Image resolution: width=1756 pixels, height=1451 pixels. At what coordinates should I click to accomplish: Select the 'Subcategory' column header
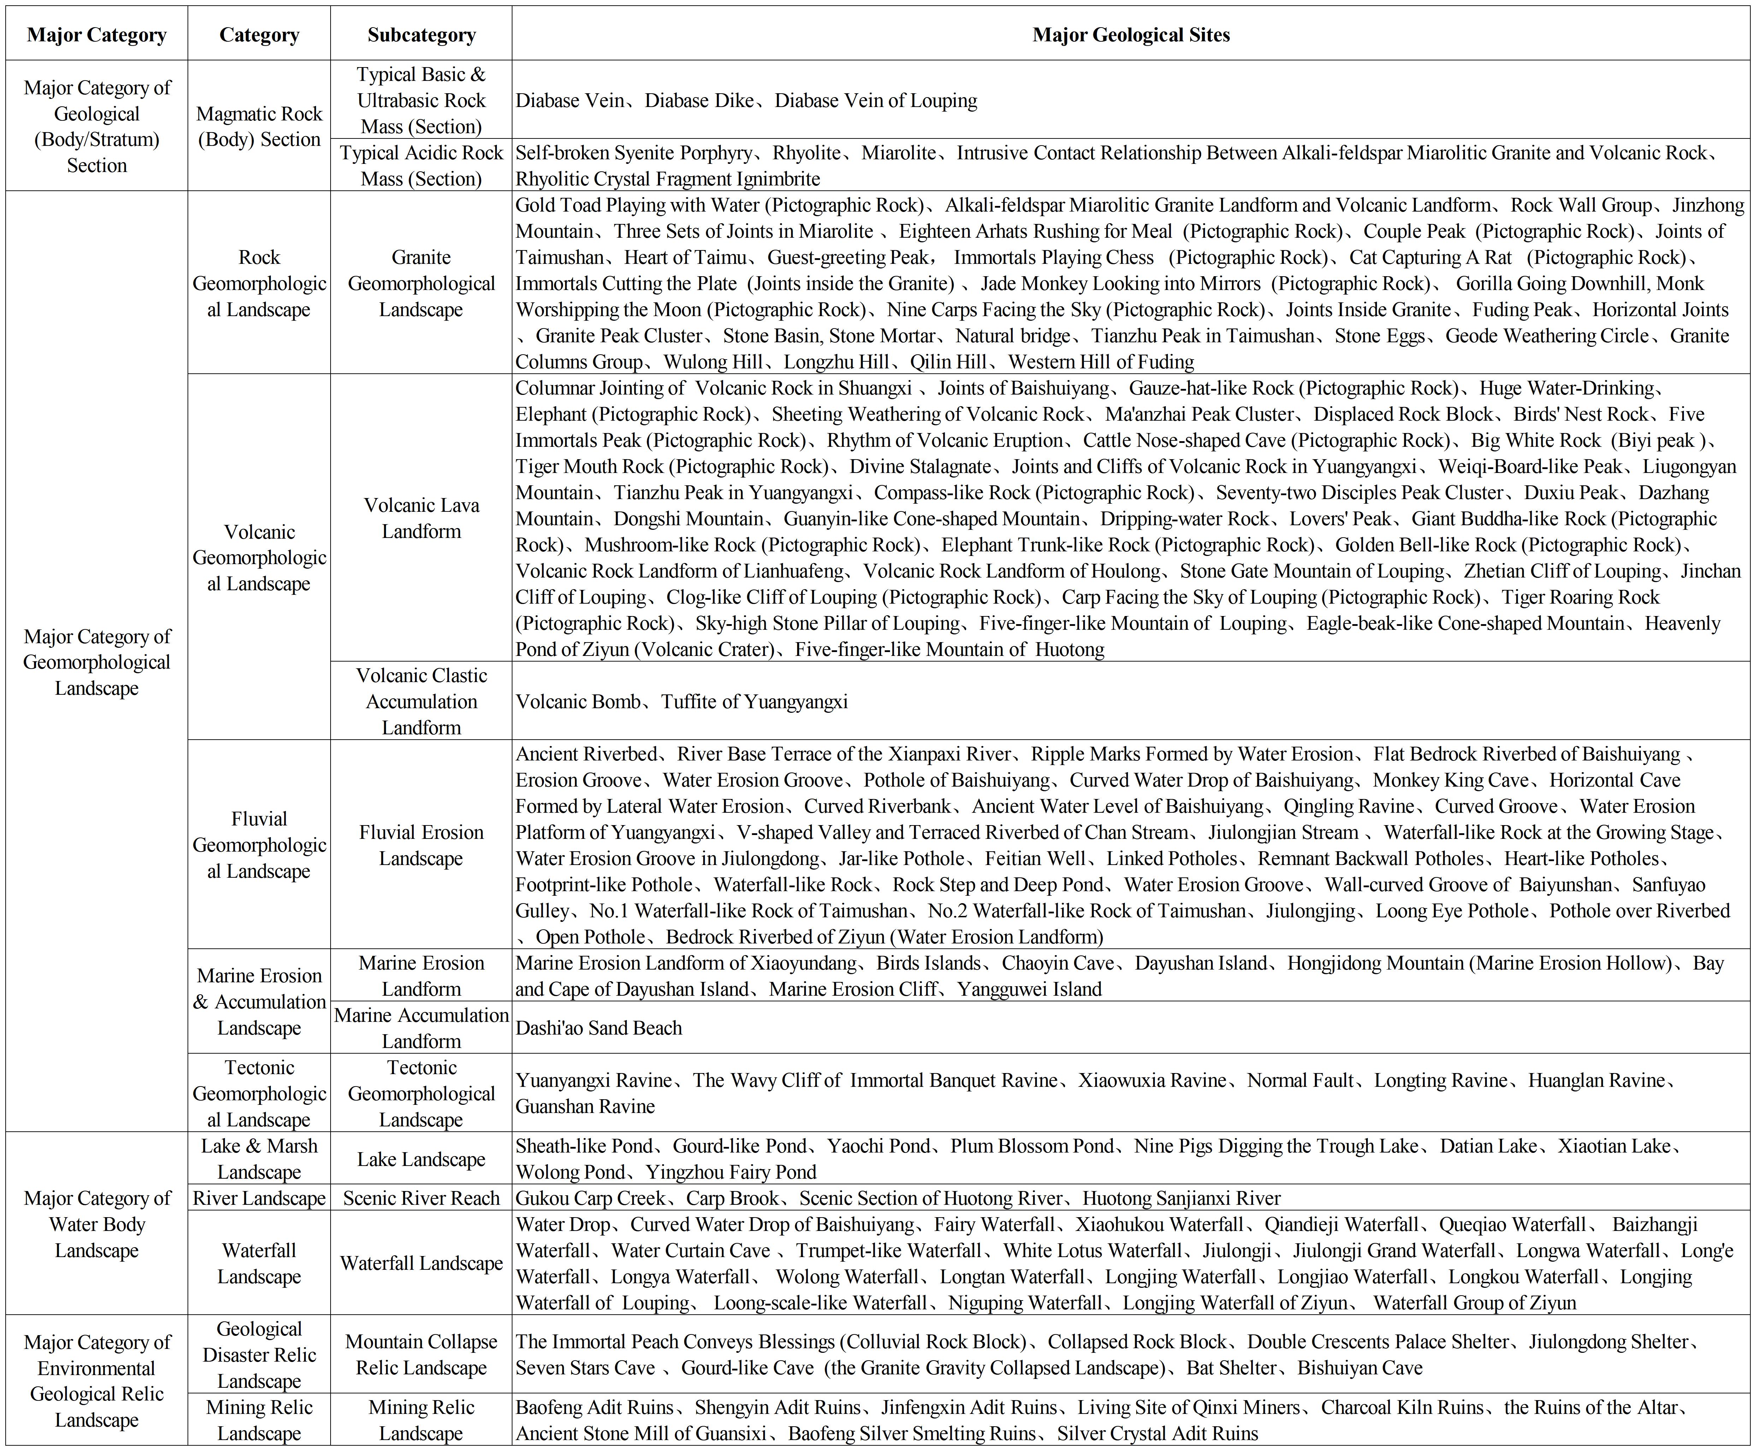click(421, 34)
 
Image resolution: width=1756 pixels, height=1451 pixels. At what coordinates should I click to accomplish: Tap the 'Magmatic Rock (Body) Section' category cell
click(259, 126)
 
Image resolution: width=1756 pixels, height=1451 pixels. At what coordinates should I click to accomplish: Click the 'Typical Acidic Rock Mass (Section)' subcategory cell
click(421, 166)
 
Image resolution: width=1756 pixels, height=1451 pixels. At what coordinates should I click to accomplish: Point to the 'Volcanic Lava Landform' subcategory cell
click(421, 518)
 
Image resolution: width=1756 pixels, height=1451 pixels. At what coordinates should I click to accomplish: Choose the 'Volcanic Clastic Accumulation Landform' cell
click(421, 701)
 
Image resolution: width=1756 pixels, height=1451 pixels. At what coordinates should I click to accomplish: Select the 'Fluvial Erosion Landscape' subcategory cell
click(421, 845)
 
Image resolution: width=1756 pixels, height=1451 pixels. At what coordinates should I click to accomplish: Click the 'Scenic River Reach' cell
click(421, 1198)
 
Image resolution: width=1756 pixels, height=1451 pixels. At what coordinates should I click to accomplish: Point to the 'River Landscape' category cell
click(259, 1198)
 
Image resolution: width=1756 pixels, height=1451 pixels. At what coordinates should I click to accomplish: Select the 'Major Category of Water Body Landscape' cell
click(97, 1224)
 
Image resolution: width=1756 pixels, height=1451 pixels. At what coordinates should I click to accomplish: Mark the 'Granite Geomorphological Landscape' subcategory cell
click(421, 283)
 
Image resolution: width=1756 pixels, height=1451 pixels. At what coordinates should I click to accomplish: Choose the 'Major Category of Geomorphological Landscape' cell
click(97, 662)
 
